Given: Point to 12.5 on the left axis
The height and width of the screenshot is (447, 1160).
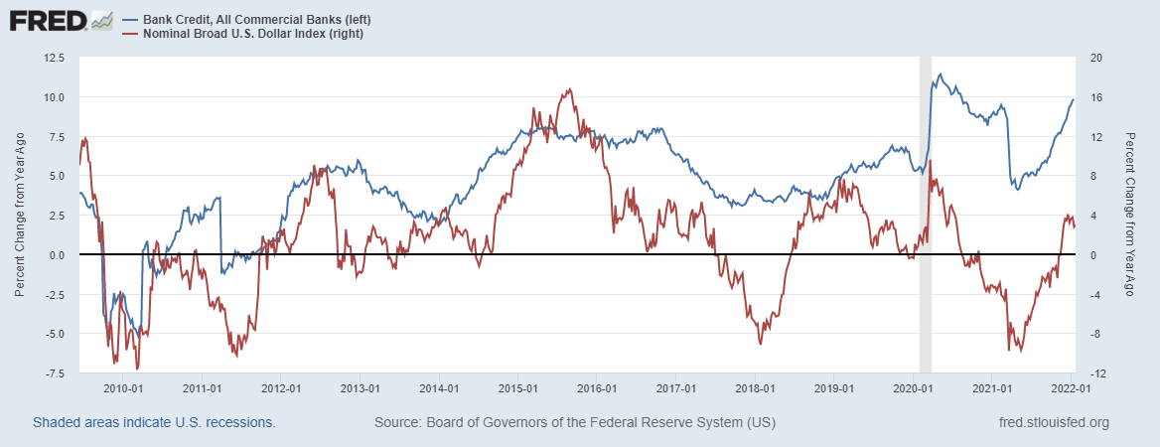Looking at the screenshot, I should point(53,58).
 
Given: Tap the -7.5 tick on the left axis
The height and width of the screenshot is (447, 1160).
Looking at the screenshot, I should point(53,372).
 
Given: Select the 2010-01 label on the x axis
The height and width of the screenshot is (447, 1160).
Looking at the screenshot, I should point(123,387).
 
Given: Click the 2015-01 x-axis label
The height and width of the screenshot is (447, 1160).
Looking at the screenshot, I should point(517,387).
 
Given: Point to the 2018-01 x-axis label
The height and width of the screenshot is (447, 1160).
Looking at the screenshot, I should point(754,387).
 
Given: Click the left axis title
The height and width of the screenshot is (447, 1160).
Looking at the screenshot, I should point(20,215).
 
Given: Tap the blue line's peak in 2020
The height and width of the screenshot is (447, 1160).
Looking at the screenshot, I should point(941,74).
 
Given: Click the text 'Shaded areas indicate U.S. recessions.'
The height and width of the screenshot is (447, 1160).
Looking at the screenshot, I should point(154,423).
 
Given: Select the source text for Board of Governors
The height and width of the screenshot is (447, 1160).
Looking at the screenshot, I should point(575,423).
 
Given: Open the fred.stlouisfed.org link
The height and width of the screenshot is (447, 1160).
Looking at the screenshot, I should point(1053,423).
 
